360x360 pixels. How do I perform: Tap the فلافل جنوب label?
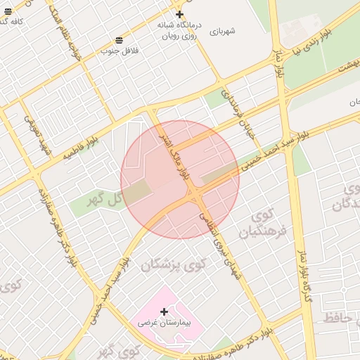tap(120, 51)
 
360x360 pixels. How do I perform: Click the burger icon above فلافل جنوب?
tap(120, 39)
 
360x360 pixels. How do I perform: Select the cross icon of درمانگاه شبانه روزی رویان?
tap(179, 14)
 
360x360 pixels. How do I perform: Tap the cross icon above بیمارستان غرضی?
tap(165, 311)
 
